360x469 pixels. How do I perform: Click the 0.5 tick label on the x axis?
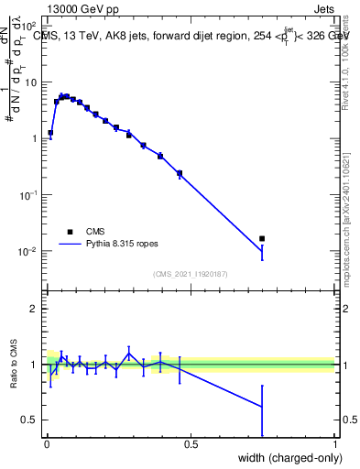click(x=190, y=444)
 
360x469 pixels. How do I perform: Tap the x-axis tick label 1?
click(x=335, y=444)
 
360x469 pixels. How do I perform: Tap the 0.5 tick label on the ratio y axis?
click(x=29, y=420)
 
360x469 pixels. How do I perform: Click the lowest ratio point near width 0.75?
click(x=262, y=407)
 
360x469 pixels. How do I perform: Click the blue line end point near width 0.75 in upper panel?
click(x=262, y=249)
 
